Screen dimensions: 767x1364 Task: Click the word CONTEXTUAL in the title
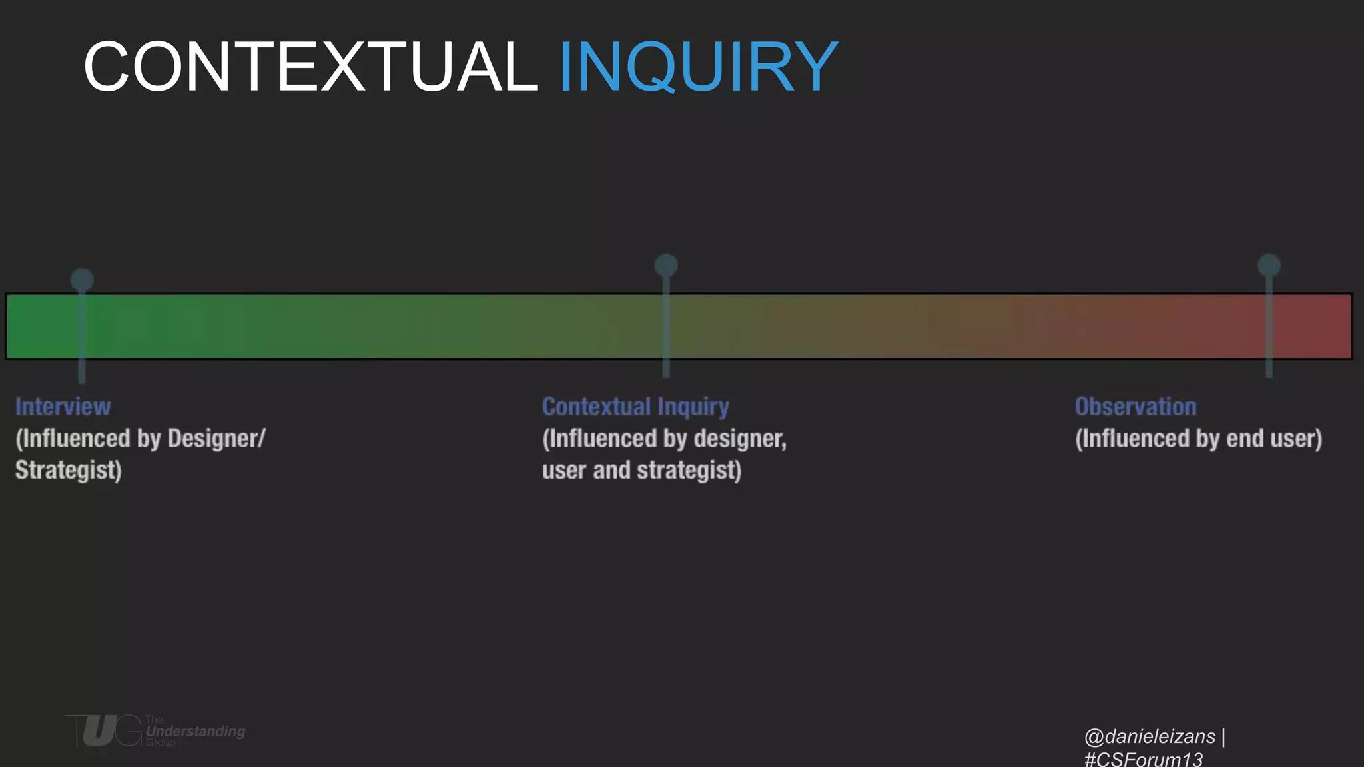click(310, 67)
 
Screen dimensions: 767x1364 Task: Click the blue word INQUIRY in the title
click(697, 67)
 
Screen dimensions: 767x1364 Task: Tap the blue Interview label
click(63, 407)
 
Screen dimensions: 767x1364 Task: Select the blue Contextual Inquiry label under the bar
click(635, 407)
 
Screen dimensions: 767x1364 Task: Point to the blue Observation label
click(1136, 407)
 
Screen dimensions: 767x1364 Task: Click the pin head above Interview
click(82, 279)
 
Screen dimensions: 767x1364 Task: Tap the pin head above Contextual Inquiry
click(666, 266)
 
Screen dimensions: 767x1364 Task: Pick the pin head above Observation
click(1269, 265)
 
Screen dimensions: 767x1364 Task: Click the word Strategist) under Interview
click(69, 470)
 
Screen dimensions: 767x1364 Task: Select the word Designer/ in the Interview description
click(216, 439)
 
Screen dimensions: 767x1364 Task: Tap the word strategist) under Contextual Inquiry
click(689, 470)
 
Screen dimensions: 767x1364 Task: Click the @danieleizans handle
click(1150, 736)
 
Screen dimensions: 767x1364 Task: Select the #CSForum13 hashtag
click(1144, 759)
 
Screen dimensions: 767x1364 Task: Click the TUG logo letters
click(103, 731)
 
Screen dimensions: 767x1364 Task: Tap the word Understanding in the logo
click(196, 731)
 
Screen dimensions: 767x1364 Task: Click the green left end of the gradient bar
click(33, 326)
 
